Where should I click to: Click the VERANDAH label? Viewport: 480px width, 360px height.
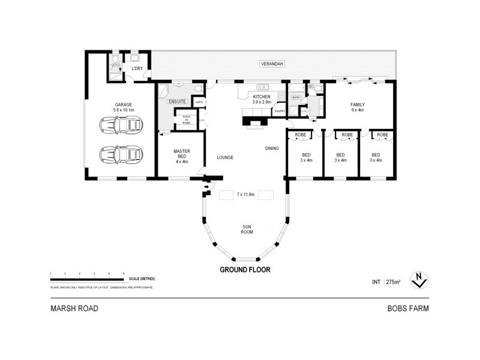coord(271,63)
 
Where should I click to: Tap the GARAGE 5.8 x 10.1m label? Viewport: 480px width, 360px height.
coord(124,107)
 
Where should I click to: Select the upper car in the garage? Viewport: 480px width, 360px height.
coord(121,126)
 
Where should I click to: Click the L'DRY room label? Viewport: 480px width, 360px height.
coord(137,69)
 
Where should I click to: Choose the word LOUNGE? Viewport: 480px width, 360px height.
coord(224,158)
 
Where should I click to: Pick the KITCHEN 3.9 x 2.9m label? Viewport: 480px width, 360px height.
coord(262,99)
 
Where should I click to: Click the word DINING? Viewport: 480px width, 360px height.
coord(272,148)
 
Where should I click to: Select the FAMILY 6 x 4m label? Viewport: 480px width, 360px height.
coord(358,107)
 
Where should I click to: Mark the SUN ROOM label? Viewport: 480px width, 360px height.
coord(246,229)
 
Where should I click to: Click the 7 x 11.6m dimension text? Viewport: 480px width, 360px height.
coord(246,194)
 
